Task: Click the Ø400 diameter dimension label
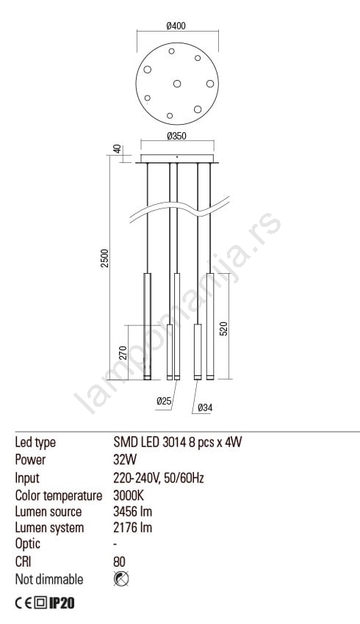tap(176, 26)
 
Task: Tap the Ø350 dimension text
tap(177, 136)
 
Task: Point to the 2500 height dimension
tap(104, 258)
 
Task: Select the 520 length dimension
tap(224, 329)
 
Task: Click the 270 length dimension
tap(123, 353)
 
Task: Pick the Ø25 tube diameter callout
tap(164, 401)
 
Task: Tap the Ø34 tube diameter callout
tap(205, 407)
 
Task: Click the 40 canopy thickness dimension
tap(117, 149)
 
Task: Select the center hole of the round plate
tap(177, 84)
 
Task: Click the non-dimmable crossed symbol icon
tap(121, 578)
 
